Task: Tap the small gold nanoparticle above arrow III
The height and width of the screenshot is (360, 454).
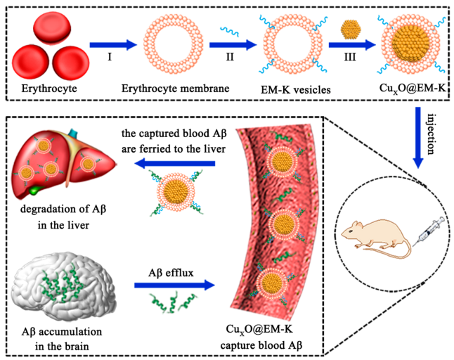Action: pos(351,30)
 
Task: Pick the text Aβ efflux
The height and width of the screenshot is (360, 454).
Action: pos(176,270)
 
